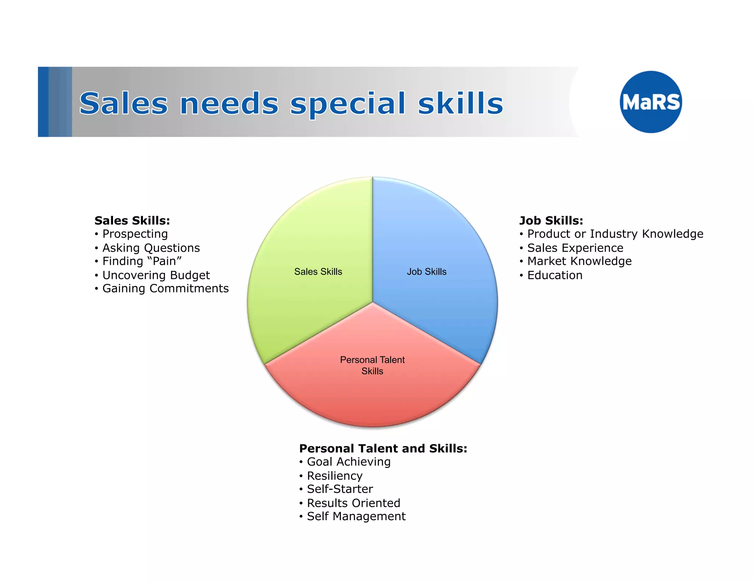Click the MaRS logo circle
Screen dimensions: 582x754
(x=651, y=102)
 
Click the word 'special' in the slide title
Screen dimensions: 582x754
(x=348, y=104)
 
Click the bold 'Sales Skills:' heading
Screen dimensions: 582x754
(x=132, y=221)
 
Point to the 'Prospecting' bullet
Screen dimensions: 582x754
(x=135, y=234)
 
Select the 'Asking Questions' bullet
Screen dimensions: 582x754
(x=151, y=248)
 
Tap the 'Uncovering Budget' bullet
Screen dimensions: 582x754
(x=156, y=275)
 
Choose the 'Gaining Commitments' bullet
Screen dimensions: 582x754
(x=165, y=288)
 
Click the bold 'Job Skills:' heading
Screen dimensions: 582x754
(x=551, y=221)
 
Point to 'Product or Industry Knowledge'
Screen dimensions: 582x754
(x=615, y=234)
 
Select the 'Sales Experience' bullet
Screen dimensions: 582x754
(x=575, y=248)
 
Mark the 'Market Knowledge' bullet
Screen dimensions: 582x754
(x=579, y=261)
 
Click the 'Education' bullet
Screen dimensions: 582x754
(x=554, y=275)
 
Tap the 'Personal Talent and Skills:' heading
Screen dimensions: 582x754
(x=383, y=448)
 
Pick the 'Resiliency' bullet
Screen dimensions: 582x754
(x=334, y=476)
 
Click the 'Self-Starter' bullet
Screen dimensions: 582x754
(x=340, y=489)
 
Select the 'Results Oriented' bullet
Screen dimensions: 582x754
(x=353, y=503)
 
